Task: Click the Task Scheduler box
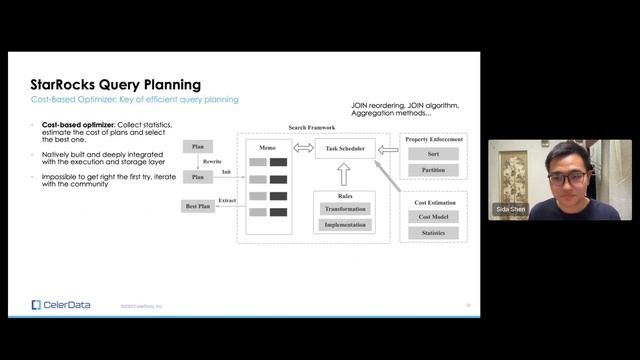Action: [346, 149]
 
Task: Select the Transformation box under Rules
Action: [346, 209]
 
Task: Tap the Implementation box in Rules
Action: [346, 225]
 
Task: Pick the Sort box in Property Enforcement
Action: [433, 154]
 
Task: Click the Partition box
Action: [433, 170]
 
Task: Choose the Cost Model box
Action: [433, 217]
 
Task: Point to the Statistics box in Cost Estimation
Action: [433, 233]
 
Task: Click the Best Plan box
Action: [198, 206]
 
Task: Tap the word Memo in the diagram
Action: [267, 146]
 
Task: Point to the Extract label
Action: [227, 200]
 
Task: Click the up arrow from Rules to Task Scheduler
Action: [346, 176]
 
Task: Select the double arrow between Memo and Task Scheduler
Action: [303, 149]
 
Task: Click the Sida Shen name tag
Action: [510, 212]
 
